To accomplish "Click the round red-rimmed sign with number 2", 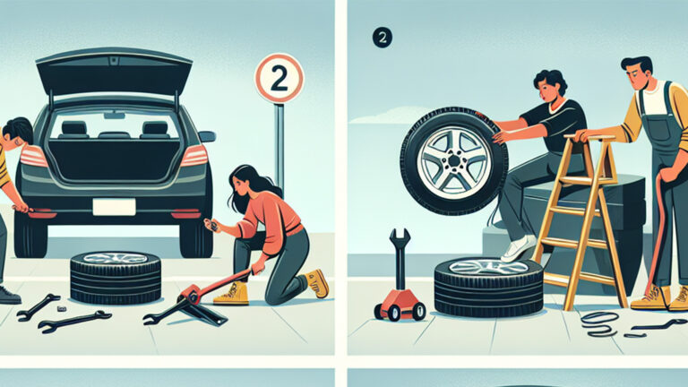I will coord(279,78).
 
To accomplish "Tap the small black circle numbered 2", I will coord(382,38).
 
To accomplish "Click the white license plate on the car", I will coord(113,207).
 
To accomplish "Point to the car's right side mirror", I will coord(207,137).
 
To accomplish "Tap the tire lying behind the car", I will coord(115,277).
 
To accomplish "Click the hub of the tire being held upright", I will coord(453,161).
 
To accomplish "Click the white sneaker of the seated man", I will coord(518,248).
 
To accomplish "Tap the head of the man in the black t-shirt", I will coord(548,87).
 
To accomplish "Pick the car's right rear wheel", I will coord(195,235).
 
